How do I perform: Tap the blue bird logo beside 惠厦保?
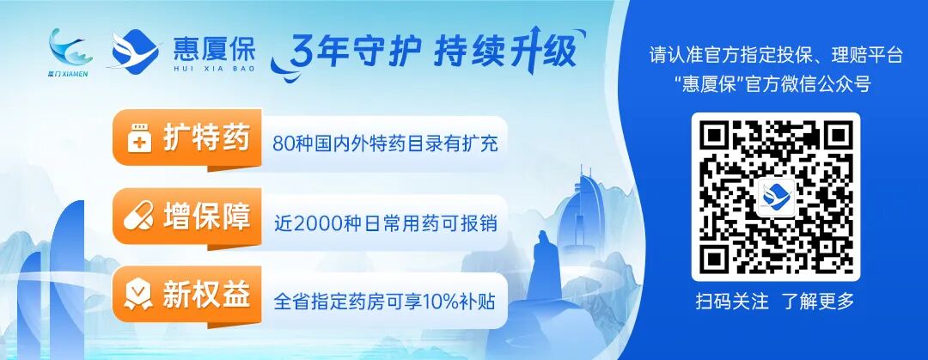point(133,50)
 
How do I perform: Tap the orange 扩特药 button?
point(185,138)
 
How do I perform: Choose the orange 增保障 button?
point(185,217)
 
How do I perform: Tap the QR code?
point(775,196)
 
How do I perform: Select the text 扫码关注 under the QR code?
point(730,302)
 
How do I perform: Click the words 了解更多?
point(818,302)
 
